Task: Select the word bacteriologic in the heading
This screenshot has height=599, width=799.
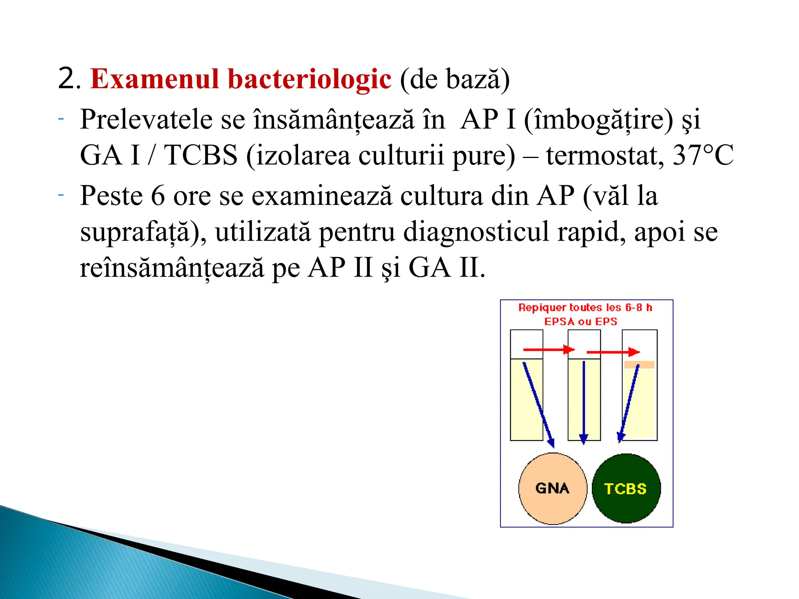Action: click(x=309, y=79)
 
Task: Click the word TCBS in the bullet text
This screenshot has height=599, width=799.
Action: click(x=201, y=155)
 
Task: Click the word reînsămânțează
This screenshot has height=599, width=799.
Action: click(x=172, y=268)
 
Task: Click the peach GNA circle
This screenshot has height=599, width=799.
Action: click(x=552, y=488)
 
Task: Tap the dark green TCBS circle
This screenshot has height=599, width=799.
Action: click(x=626, y=488)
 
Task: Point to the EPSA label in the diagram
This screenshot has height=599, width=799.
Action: click(x=559, y=322)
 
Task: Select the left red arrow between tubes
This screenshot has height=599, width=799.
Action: click(x=548, y=349)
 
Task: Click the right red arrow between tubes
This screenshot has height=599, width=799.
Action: click(x=613, y=352)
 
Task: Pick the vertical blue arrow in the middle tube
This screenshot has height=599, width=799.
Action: click(x=584, y=402)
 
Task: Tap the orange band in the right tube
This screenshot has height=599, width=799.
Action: click(x=639, y=365)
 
